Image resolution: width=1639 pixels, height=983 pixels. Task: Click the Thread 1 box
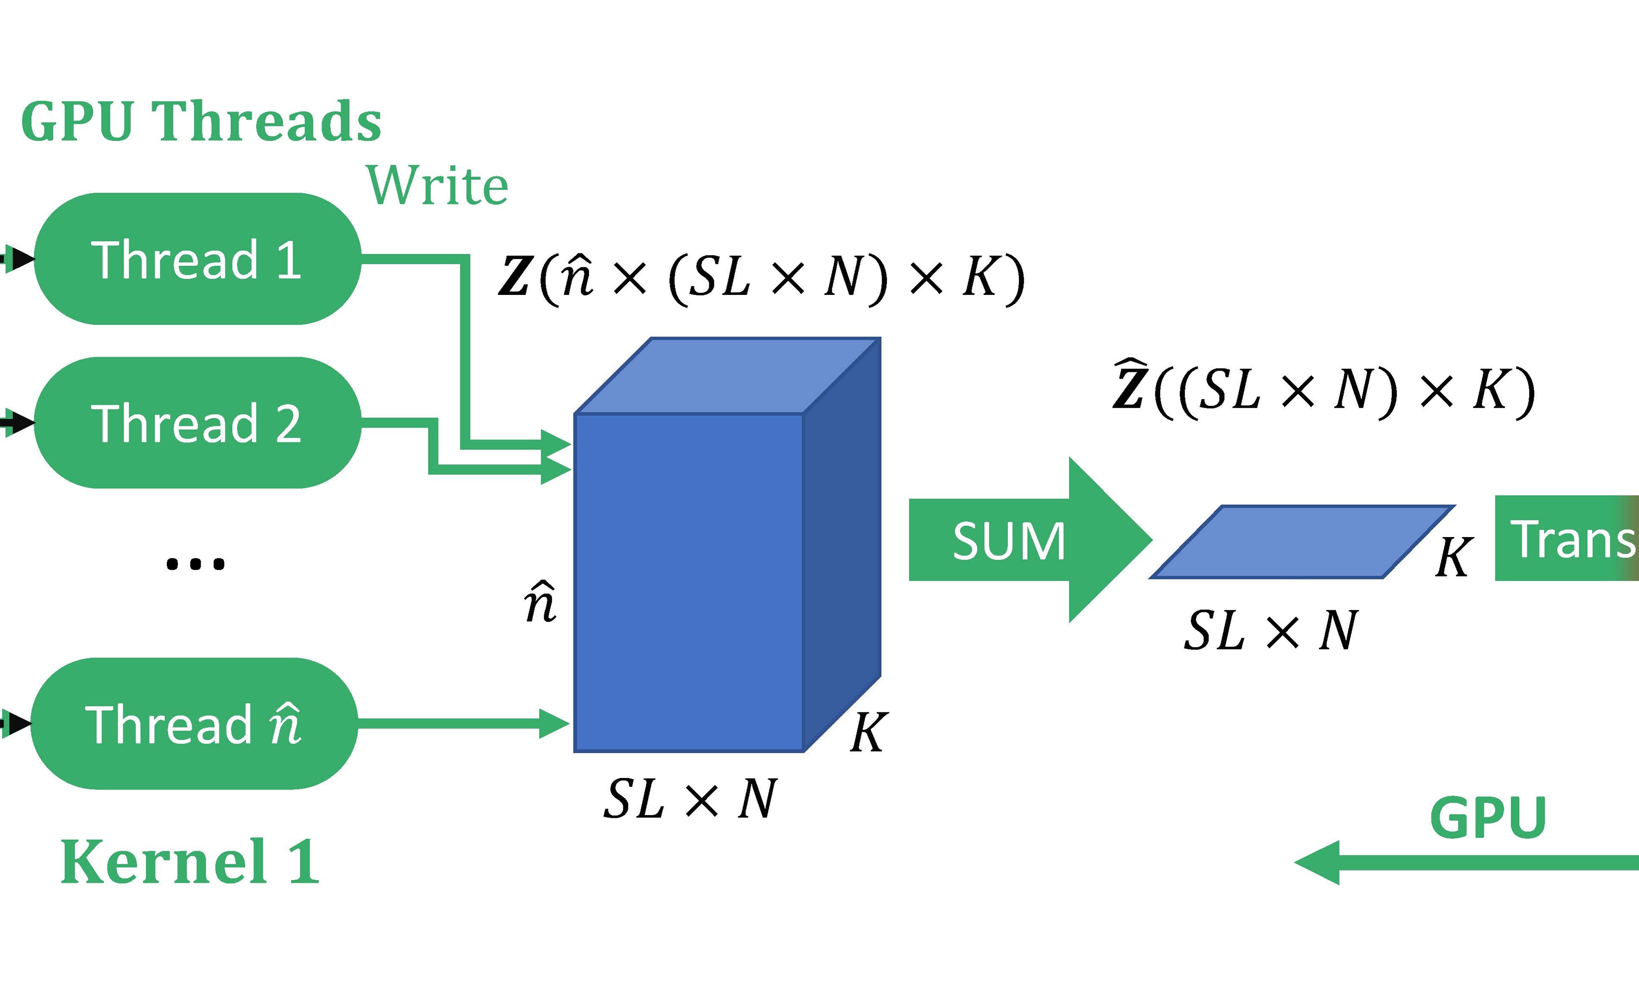[197, 259]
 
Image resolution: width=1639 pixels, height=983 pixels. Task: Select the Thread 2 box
[197, 423]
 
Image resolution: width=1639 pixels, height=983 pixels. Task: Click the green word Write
[438, 186]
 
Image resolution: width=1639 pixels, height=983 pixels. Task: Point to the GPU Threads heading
[201, 121]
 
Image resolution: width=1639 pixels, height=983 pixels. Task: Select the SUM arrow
[1020, 540]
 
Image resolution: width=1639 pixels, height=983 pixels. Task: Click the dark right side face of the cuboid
[841, 543]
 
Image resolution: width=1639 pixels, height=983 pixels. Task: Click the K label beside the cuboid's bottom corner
[867, 733]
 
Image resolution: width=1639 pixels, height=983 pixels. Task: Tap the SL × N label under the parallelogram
[1271, 631]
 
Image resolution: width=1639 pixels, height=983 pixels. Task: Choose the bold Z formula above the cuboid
[762, 277]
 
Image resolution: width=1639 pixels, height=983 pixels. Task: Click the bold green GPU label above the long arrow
[1488, 817]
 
